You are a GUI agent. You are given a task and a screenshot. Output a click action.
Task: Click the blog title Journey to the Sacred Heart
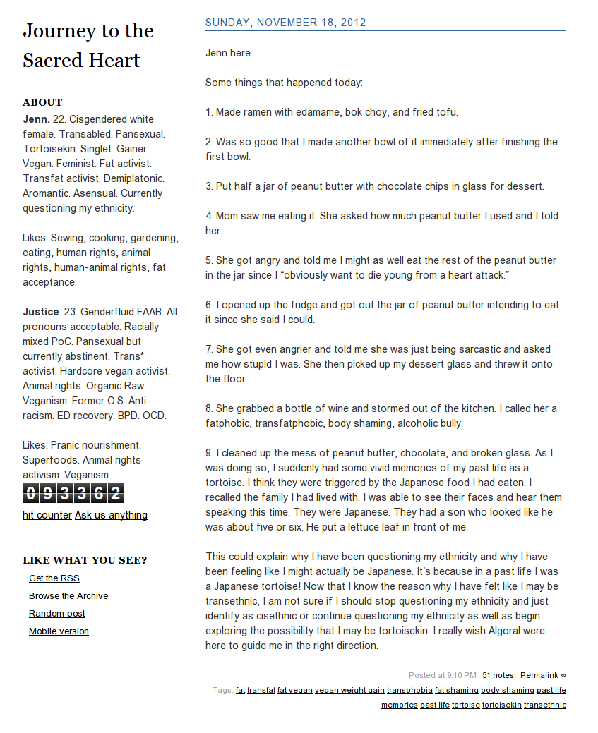(x=88, y=45)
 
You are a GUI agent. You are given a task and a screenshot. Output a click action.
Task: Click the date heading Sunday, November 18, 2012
(x=285, y=23)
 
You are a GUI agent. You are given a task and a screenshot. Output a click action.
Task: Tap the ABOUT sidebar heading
(x=42, y=102)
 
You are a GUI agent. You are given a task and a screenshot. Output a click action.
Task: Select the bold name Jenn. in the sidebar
(x=36, y=119)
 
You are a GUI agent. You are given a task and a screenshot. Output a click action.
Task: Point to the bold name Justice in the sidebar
(x=40, y=312)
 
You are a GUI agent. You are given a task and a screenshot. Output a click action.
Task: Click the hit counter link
(x=47, y=515)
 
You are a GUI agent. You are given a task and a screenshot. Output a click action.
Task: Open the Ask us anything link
(x=111, y=515)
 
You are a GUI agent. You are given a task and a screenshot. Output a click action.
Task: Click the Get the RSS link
(x=54, y=578)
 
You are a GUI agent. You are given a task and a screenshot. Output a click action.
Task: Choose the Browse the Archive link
(x=68, y=596)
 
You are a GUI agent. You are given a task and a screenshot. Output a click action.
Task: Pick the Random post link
(x=56, y=614)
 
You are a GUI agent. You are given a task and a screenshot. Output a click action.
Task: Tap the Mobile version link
(x=59, y=631)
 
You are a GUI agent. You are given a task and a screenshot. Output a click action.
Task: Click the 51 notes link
(x=498, y=676)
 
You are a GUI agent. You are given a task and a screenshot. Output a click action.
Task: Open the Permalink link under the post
(x=543, y=676)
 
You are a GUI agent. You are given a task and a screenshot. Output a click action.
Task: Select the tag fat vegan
(x=294, y=691)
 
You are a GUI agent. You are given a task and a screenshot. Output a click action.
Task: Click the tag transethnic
(x=544, y=705)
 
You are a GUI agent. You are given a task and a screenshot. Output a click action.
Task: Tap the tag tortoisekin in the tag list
(x=501, y=705)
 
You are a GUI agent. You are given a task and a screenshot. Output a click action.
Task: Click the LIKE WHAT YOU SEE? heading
(x=85, y=561)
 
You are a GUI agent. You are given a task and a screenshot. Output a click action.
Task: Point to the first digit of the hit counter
(x=30, y=493)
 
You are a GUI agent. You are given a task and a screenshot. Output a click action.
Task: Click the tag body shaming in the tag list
(x=507, y=691)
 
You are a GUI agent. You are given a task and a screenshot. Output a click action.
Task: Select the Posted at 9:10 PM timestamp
(x=442, y=676)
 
